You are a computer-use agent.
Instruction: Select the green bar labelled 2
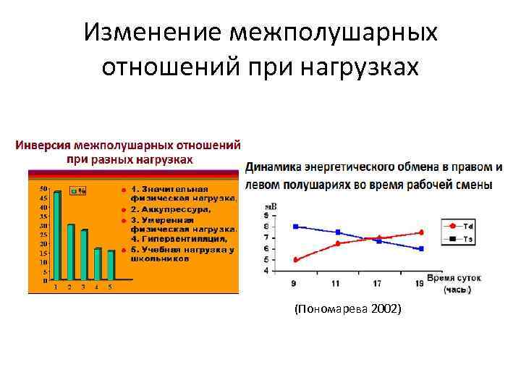pyautogui.click(x=70, y=252)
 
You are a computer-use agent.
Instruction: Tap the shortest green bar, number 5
pyautogui.click(x=111, y=265)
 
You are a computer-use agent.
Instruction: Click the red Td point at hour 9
pyautogui.click(x=295, y=260)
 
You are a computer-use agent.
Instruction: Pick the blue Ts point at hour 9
pyautogui.click(x=295, y=227)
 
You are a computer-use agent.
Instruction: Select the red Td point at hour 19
pyautogui.click(x=421, y=232)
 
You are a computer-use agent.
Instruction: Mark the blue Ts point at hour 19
pyautogui.click(x=421, y=249)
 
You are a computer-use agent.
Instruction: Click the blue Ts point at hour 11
pyautogui.click(x=338, y=232)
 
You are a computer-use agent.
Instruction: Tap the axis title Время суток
pyautogui.click(x=453, y=278)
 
